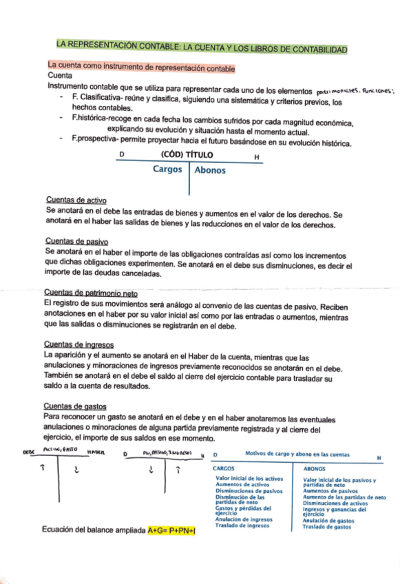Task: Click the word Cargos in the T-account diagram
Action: pyautogui.click(x=168, y=169)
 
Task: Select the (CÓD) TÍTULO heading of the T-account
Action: pyautogui.click(x=187, y=155)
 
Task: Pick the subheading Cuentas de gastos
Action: pyautogui.click(x=75, y=406)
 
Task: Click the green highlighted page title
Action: pyautogui.click(x=202, y=50)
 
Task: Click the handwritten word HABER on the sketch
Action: pyautogui.click(x=94, y=452)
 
